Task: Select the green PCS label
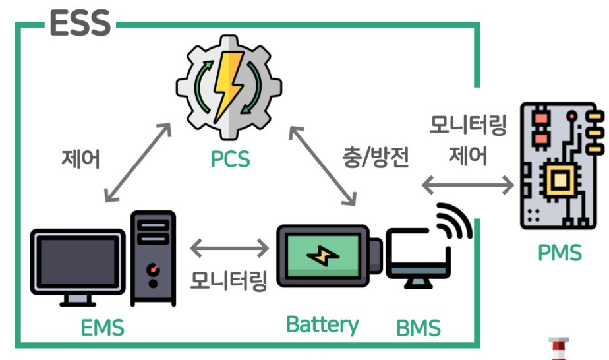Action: coord(229,158)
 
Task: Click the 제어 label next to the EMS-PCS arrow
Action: coord(80,160)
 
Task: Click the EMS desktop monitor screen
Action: coord(78,260)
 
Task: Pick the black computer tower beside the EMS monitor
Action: coord(153,258)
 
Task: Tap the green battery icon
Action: coord(323,256)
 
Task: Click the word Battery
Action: coord(322,324)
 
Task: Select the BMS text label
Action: coord(418,327)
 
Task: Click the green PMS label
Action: coord(559,252)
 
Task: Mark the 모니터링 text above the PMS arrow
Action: coord(467,125)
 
